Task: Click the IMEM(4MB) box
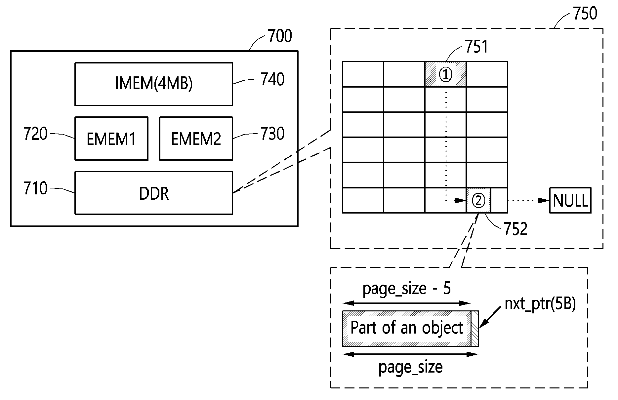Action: [154, 84]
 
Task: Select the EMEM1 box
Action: [111, 139]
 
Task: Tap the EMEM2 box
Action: [196, 139]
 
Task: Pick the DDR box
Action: [154, 193]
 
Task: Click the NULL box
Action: [570, 200]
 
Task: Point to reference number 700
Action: [280, 36]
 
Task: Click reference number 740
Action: [272, 80]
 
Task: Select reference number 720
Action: [35, 134]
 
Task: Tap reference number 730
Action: [272, 134]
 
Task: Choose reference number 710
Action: [35, 188]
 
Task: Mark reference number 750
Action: [585, 14]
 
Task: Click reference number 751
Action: [476, 47]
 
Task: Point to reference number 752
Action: [515, 229]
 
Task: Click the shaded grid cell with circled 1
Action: [445, 74]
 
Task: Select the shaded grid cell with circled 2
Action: [478, 200]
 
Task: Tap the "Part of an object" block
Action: [407, 329]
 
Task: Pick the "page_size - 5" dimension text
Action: [406, 289]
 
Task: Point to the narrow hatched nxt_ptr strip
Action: [475, 329]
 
